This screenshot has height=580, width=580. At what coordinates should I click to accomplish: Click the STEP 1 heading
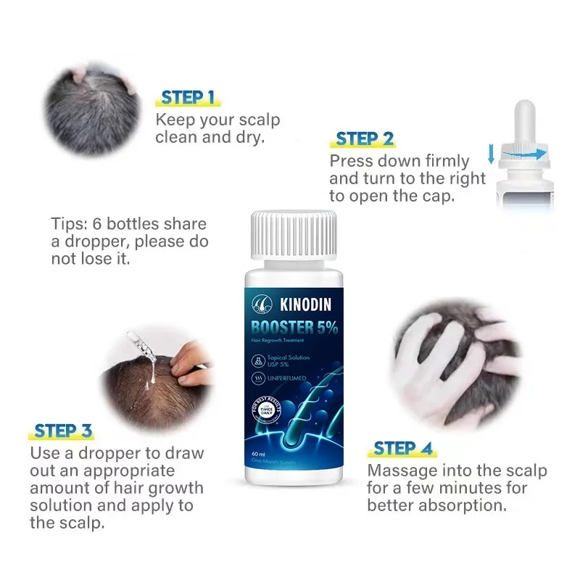(187, 98)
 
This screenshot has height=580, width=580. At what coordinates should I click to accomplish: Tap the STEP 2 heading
(365, 138)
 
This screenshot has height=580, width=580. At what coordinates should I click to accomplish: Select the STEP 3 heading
(63, 431)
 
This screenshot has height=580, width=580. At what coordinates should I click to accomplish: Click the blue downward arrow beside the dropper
(491, 153)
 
